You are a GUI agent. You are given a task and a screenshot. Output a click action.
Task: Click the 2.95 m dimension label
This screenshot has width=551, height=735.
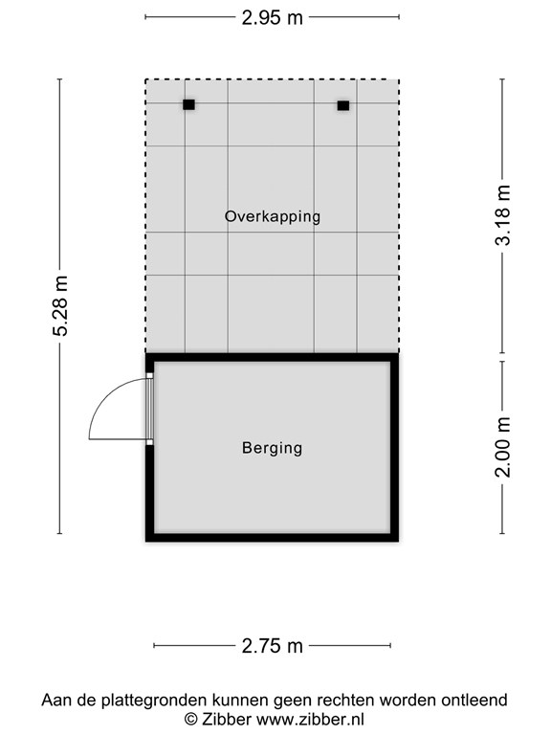[273, 18]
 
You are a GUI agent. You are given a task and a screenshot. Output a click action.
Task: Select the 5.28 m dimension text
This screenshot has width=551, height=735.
[60, 306]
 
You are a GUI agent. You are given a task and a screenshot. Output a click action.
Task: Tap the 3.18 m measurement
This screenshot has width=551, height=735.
[503, 215]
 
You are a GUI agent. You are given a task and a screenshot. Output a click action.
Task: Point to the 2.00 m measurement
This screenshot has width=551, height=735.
[503, 447]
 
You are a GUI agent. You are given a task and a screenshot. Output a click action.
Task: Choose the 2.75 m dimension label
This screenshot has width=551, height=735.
[273, 646]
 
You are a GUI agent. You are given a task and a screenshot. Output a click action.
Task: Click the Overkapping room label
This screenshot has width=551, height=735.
[273, 216]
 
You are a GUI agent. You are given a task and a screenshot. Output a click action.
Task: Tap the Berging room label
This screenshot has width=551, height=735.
[273, 448]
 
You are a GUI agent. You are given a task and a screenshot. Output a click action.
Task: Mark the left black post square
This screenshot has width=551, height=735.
[188, 104]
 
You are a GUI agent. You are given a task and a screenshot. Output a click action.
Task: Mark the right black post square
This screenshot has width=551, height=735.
[343, 105]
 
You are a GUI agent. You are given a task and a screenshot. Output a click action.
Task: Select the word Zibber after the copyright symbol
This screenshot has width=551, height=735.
[227, 719]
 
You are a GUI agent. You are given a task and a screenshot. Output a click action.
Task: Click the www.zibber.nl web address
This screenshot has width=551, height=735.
[311, 719]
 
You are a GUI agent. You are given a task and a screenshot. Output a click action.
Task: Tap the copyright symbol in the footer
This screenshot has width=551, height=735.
[190, 720]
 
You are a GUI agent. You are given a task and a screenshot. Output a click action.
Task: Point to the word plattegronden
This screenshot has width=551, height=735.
[154, 701]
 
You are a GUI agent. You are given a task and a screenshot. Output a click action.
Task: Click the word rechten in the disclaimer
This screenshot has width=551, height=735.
[345, 700]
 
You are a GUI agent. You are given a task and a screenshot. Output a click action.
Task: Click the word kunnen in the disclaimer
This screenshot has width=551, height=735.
[240, 700]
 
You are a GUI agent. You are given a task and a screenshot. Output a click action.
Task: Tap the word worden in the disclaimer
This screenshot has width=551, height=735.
[408, 700]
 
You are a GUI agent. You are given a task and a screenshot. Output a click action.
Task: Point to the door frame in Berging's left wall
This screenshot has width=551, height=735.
[149, 409]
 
